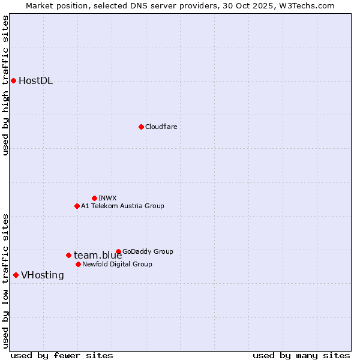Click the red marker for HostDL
13,80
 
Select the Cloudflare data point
141,127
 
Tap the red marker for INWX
94,198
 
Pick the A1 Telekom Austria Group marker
77,206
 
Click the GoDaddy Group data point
118,251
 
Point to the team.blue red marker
68,255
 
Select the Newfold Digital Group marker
78,264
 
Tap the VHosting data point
16,275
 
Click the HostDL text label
36,81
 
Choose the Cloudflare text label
161,127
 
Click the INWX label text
107,198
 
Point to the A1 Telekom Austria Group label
122,206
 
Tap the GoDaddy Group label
148,251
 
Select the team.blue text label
98,256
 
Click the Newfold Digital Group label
117,264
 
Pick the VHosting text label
43,275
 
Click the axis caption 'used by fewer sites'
62,355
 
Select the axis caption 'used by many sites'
301,355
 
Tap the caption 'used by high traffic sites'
6,85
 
